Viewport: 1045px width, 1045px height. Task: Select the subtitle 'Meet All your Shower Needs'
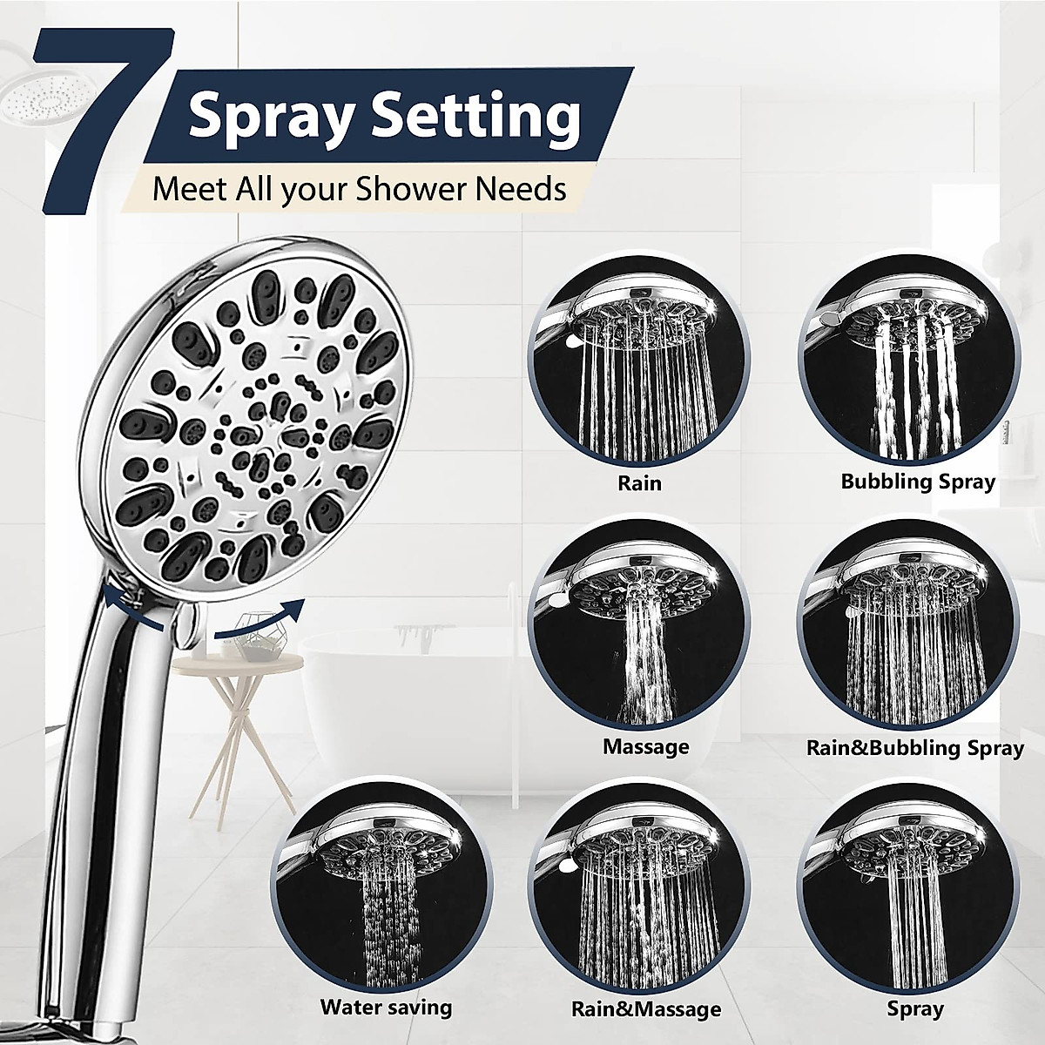[359, 188]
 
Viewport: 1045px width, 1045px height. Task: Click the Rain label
[639, 482]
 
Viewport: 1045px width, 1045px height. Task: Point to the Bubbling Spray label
[917, 482]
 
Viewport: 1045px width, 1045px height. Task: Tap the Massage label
[645, 746]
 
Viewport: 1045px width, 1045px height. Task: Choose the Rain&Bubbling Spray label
[914, 747]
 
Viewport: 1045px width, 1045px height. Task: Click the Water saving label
[386, 1008]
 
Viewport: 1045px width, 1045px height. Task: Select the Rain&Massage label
[645, 1009]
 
